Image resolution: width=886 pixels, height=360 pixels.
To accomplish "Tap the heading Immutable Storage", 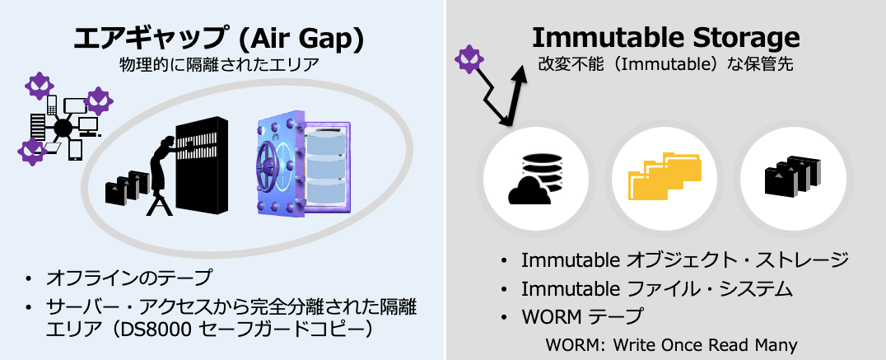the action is click(666, 37).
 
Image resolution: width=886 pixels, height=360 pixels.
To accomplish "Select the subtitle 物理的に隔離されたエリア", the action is click(219, 65).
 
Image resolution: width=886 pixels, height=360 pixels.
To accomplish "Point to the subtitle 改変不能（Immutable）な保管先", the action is click(665, 64).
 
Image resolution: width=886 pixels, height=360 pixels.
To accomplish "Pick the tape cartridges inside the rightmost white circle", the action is click(791, 175).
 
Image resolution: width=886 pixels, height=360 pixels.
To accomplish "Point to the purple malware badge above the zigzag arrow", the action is click(469, 58).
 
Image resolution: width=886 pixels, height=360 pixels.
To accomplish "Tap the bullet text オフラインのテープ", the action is click(129, 278).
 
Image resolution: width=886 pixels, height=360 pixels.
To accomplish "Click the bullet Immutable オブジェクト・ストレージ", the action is click(685, 260).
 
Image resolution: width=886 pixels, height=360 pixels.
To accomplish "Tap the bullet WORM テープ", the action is click(582, 316).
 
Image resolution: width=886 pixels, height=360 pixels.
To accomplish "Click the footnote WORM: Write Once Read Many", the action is click(671, 344).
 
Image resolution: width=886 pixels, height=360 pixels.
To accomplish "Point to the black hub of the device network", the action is click(62, 129).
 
